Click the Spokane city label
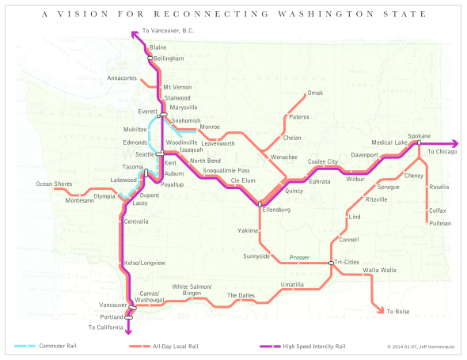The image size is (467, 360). coord(420,136)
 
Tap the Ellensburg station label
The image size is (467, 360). coord(275,210)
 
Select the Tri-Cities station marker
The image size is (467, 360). coord(331,263)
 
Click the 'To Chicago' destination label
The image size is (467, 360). coord(442,151)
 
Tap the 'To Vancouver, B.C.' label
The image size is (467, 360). coord(168,31)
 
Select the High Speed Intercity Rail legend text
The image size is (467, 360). coord(313,346)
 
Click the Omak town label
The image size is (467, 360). coord(315,93)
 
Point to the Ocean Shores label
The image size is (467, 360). coord(55,184)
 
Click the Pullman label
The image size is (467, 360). coord(439,224)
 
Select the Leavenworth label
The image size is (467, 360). coord(218,143)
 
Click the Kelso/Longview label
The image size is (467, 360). coord(146,262)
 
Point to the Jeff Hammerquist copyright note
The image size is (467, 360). coord(421,346)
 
